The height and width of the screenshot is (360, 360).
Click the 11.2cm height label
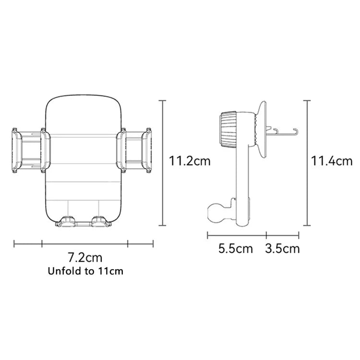click(190, 161)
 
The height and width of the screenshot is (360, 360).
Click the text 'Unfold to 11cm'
click(85, 271)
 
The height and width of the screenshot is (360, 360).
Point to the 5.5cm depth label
click(235, 249)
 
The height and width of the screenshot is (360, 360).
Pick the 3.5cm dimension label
click(282, 249)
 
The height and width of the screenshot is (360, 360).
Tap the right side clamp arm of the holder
click(135, 150)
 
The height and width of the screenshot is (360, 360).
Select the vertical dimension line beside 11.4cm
click(307, 163)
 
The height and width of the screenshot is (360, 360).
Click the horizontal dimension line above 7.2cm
click(85, 243)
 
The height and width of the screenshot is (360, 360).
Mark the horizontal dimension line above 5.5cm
click(237, 235)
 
